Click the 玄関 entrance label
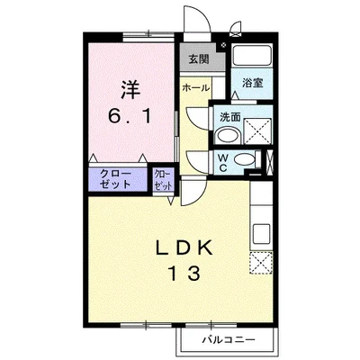coord(199,59)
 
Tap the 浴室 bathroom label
coord(253,83)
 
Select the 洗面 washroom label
coord(230,117)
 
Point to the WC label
coord(222,163)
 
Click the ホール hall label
coord(195,88)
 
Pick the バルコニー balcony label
coord(229,340)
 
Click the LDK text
coord(184,247)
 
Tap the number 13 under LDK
coord(184,274)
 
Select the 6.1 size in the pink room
coord(130,116)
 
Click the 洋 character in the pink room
coord(130,90)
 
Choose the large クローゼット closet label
coord(115,179)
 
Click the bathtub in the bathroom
coord(252,55)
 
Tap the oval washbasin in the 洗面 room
coord(227,136)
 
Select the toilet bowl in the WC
coord(244,159)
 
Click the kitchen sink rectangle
coord(262,234)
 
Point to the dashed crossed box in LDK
coord(261,263)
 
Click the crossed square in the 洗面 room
coord(257,131)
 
